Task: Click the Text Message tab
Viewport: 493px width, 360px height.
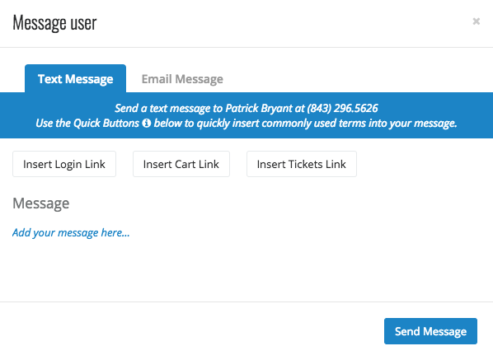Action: (76, 78)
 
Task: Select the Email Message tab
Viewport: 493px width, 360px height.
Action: (182, 79)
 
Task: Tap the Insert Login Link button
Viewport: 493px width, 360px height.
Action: (64, 164)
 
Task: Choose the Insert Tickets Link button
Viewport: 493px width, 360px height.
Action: (302, 164)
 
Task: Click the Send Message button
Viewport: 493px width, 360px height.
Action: (430, 331)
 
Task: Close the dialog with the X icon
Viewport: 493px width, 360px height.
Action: (476, 21)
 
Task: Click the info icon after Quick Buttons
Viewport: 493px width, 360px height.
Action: (146, 123)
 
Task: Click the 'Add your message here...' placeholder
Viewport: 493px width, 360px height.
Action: (71, 233)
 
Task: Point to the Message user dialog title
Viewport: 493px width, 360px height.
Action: (54, 23)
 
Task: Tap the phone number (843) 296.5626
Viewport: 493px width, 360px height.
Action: (342, 109)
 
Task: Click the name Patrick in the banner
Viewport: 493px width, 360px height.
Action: (242, 109)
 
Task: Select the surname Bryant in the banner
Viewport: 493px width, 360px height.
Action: (277, 109)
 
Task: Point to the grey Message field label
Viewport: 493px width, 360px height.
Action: (41, 203)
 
